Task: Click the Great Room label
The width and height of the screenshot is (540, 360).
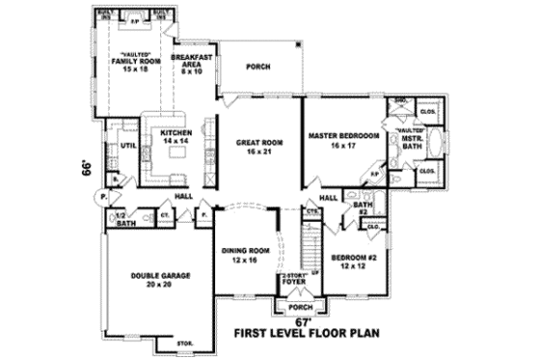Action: pyautogui.click(x=256, y=147)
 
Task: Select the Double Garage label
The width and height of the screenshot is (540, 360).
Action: pyautogui.click(x=161, y=280)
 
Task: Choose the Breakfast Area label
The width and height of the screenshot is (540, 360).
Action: pyautogui.click(x=191, y=63)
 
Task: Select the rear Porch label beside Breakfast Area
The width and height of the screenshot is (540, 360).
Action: pyautogui.click(x=258, y=68)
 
